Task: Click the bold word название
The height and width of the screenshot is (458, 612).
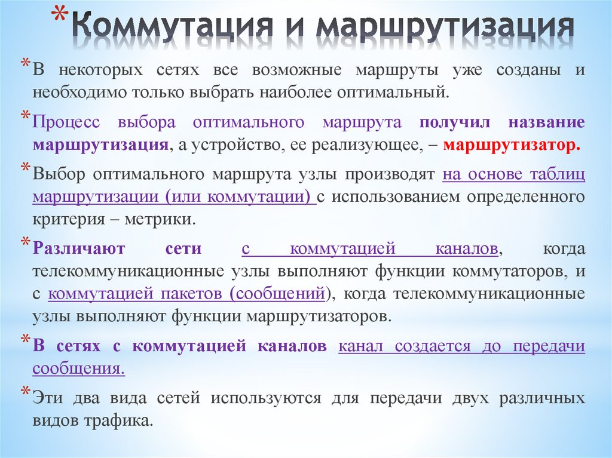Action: point(547,122)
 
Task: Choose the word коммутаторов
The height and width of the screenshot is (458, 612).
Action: point(509,271)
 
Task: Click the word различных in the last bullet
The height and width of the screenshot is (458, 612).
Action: point(544,398)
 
